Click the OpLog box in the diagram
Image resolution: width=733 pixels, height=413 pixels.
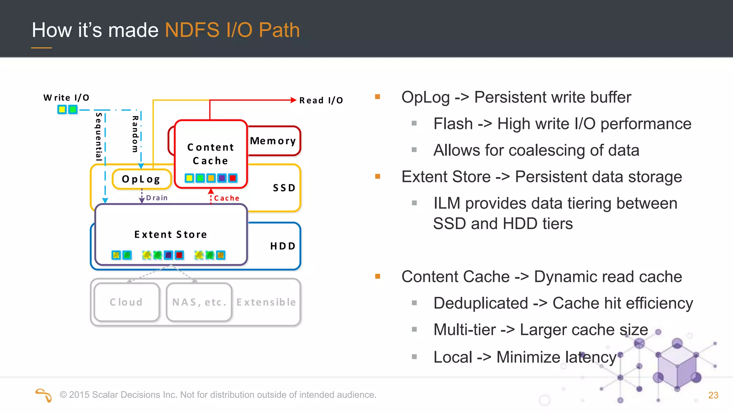tap(141, 179)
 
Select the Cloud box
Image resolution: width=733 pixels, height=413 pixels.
tap(126, 302)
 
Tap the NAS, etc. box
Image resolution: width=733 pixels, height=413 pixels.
tap(199, 302)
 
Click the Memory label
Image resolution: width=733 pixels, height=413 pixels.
tap(273, 141)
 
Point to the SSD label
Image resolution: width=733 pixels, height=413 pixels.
tap(284, 188)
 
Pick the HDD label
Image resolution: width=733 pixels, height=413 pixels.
tap(283, 246)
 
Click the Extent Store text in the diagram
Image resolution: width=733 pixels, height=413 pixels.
tap(171, 234)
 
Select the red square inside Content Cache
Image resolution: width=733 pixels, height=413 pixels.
tap(233, 178)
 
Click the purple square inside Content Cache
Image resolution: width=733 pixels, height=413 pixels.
tap(222, 178)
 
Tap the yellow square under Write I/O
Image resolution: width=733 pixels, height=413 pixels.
tap(62, 109)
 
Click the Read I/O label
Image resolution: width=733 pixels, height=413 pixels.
tap(321, 100)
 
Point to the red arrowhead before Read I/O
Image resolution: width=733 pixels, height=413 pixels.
tap(293, 100)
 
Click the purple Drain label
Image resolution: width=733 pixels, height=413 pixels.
tap(157, 198)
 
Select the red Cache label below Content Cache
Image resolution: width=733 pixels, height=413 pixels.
tap(227, 198)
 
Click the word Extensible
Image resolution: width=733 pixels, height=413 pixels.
tap(266, 302)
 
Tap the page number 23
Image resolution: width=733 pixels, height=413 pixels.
tap(713, 395)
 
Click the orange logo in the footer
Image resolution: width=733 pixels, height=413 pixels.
tap(44, 395)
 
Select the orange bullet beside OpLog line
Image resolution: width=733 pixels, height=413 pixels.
tap(377, 97)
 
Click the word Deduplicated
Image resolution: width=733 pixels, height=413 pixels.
tap(480, 303)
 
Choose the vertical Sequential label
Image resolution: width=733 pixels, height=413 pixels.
tap(99, 136)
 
